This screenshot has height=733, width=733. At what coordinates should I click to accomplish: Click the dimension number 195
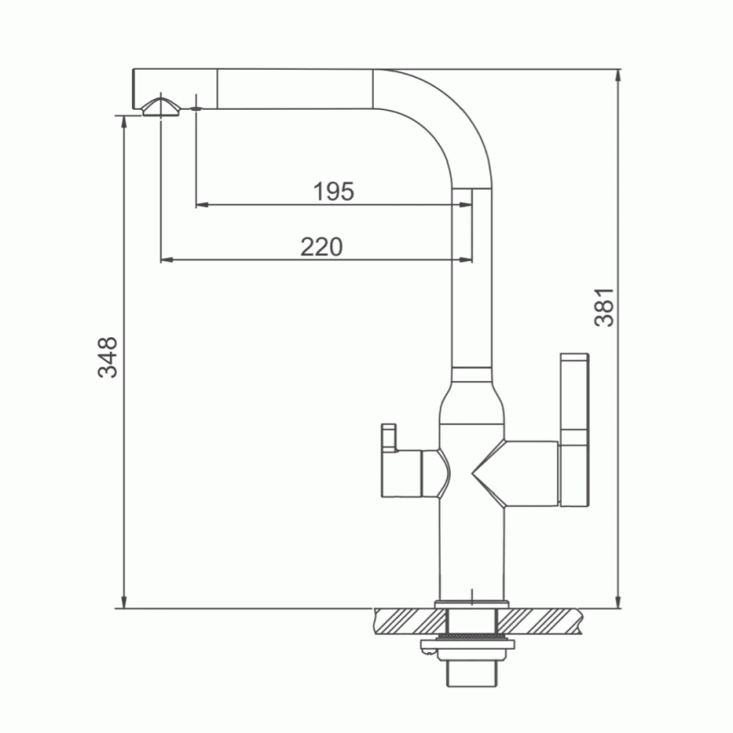click(x=334, y=191)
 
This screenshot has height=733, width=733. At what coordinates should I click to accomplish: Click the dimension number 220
click(x=322, y=246)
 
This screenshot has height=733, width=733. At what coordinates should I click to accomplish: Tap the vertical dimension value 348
click(x=107, y=356)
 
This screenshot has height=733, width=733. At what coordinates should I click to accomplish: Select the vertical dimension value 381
click(x=604, y=307)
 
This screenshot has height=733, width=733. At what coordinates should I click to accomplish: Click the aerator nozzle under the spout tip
click(x=161, y=108)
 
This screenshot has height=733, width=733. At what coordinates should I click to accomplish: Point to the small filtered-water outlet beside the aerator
click(x=196, y=108)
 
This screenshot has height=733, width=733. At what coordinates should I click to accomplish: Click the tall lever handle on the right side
click(x=574, y=430)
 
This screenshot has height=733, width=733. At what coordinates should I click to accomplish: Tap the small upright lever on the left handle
click(x=388, y=438)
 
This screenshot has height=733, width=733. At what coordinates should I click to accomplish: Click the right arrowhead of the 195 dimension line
click(x=466, y=204)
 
